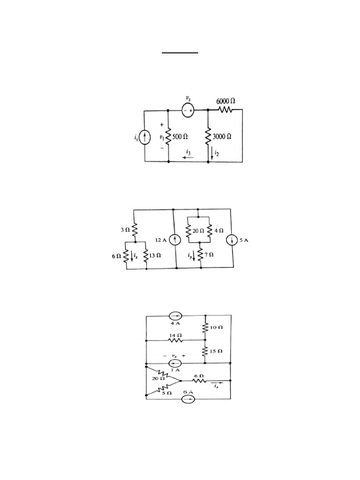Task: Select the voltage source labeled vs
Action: [188, 110]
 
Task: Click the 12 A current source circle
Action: [174, 240]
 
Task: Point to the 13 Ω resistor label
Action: [155, 256]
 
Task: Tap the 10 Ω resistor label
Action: [217, 328]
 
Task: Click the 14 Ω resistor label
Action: [175, 336]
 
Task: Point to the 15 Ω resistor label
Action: [217, 351]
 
